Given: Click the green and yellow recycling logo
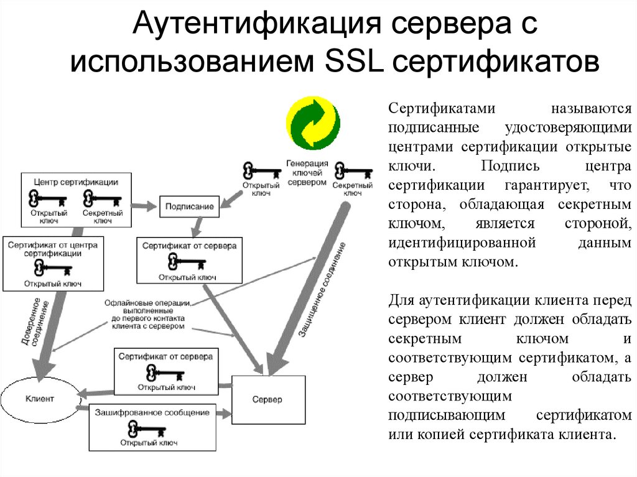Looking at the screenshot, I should tap(312, 123).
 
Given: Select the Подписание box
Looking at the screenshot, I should tap(190, 206).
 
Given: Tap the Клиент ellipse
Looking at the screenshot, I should tap(40, 397).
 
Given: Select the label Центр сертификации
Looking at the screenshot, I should tap(76, 182).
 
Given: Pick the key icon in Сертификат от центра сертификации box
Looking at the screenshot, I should tap(53, 269).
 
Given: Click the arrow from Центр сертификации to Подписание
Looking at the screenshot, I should tap(145, 204).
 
